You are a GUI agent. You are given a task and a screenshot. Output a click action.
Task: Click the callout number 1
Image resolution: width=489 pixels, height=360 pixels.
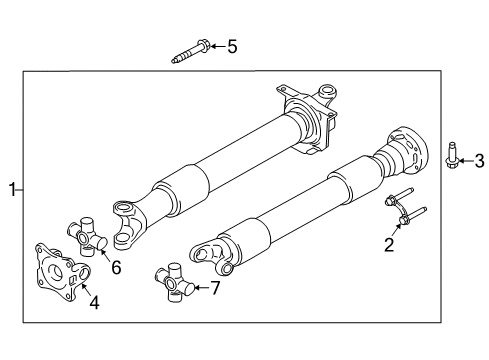[x=12, y=188]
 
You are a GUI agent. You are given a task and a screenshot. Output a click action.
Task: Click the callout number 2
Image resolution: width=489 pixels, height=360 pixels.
[x=390, y=243]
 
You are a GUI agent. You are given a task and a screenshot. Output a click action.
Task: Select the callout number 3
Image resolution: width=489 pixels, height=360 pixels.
[x=478, y=160]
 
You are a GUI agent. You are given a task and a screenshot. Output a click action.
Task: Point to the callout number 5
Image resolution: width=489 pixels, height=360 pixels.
[x=232, y=46]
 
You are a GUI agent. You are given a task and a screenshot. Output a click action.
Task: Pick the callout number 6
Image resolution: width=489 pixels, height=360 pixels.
[x=116, y=267]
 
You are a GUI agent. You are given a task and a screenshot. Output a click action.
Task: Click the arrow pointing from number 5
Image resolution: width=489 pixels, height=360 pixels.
[x=216, y=46]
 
